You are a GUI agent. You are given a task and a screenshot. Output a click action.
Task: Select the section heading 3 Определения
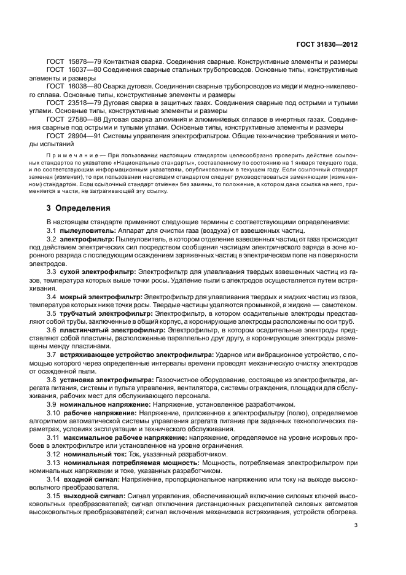click(x=78, y=208)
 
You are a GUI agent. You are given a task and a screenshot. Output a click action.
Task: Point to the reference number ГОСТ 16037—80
click(x=71, y=72)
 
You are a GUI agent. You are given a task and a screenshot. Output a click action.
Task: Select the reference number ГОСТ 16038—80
click(x=71, y=88)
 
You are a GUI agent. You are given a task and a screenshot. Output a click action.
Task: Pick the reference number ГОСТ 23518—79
click(x=71, y=103)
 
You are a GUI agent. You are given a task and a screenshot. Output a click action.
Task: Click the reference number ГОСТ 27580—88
click(x=71, y=119)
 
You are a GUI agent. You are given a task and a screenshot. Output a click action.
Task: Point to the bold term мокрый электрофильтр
click(x=100, y=297)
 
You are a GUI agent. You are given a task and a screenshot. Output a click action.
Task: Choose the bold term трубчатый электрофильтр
click(x=106, y=313)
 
